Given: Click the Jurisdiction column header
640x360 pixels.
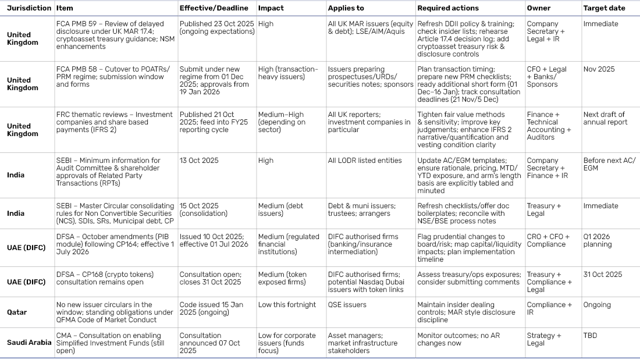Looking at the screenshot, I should (x=29, y=8).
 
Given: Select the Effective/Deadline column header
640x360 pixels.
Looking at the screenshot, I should (x=214, y=8).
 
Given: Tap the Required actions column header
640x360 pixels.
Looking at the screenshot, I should (x=448, y=8).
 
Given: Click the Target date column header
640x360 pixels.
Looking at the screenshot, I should (x=604, y=8).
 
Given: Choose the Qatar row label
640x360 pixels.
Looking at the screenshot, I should (x=17, y=312).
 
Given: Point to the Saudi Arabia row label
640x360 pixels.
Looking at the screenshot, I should (x=29, y=343).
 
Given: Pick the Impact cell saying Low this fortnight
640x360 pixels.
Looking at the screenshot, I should (x=287, y=305).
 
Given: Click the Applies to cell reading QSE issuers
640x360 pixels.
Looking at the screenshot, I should (x=347, y=305).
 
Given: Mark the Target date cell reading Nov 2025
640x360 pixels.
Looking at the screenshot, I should (x=599, y=69).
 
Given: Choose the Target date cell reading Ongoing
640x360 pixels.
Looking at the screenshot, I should (x=597, y=305).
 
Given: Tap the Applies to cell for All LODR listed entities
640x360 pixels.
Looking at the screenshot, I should (x=365, y=161).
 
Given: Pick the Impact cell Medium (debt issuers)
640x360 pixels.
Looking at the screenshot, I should (x=281, y=210).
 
